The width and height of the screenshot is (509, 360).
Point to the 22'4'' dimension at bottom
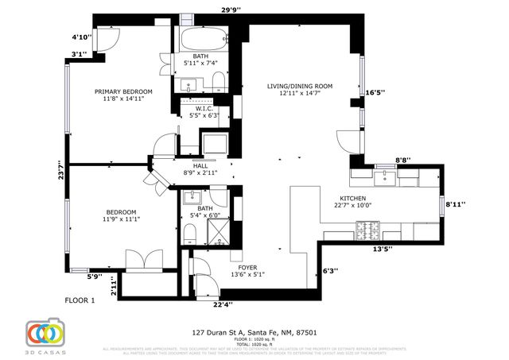point(223,304)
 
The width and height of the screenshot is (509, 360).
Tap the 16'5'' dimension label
point(375,92)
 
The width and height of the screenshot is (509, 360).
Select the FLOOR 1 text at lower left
point(80,300)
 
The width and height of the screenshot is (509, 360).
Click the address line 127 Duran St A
point(254,332)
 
